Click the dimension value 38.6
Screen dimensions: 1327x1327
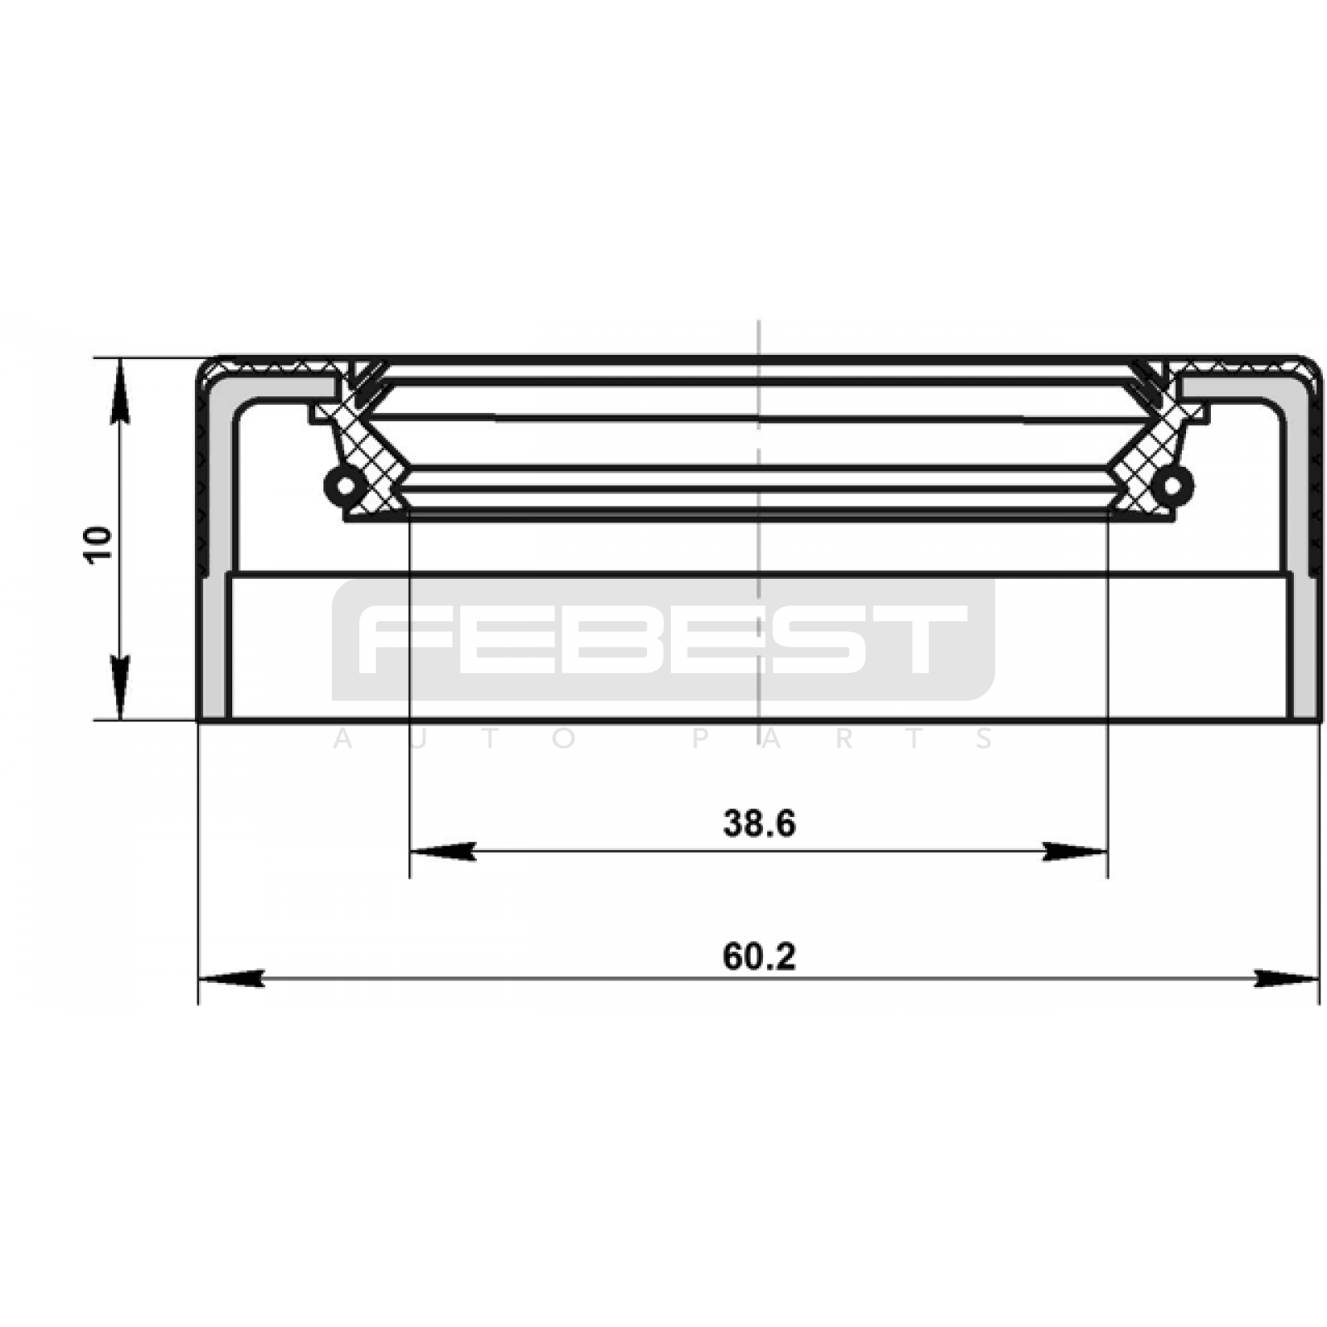[x=759, y=824]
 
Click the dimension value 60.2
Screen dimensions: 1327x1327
[x=759, y=957]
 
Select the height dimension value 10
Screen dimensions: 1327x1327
[x=99, y=545]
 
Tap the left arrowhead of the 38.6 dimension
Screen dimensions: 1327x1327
[x=443, y=851]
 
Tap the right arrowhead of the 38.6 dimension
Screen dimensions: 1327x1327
[x=1075, y=851]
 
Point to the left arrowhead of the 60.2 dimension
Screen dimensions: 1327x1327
[x=231, y=979]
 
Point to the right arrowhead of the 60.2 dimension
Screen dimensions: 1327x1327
[x=1286, y=979]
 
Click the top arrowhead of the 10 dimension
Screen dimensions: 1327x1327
[x=121, y=390]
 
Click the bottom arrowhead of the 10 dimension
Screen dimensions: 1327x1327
[x=121, y=688]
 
